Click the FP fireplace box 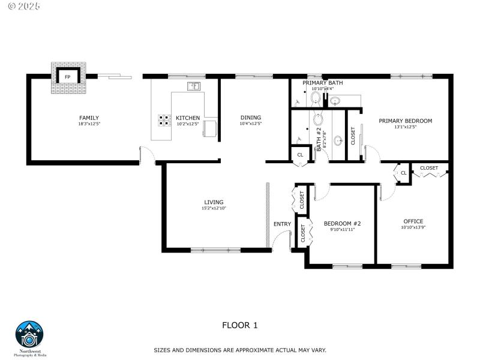pos(67,77)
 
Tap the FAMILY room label pos(89,118)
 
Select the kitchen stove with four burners pos(164,120)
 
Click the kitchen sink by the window pos(194,86)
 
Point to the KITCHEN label pos(188,118)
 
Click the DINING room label pos(251,118)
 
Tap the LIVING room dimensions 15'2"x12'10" pos(214,208)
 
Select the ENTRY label pos(282,224)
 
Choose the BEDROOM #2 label pos(342,223)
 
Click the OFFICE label pos(413,221)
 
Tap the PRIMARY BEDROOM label pos(405,121)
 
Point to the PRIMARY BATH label pos(322,83)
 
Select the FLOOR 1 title pos(240,325)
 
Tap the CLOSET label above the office pos(428,168)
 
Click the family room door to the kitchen pos(147,155)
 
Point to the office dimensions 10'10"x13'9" pos(413,227)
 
